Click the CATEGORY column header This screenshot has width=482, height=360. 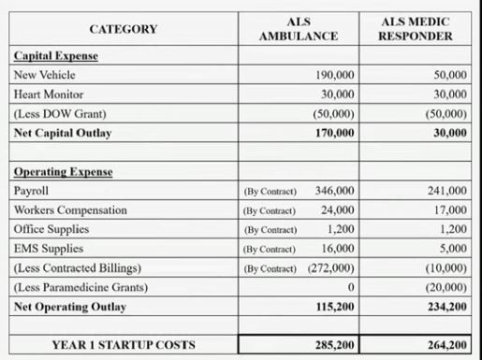[x=124, y=29]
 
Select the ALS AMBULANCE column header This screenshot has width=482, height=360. [x=299, y=29]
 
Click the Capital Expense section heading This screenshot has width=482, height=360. [x=55, y=56]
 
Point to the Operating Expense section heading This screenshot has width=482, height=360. [x=62, y=172]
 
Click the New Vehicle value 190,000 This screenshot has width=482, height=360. [x=336, y=75]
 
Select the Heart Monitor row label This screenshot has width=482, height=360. [x=48, y=94]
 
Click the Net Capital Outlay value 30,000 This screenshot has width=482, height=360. [x=450, y=134]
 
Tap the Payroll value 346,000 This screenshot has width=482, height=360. [x=335, y=191]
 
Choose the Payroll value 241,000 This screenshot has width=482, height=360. [x=446, y=191]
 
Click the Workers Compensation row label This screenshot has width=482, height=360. [x=70, y=210]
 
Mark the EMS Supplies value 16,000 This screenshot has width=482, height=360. [x=338, y=249]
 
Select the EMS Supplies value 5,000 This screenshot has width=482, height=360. [x=453, y=249]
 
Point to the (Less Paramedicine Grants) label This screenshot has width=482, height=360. [x=80, y=287]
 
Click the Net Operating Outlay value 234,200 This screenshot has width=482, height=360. [x=446, y=307]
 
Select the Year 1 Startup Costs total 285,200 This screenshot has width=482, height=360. [x=334, y=345]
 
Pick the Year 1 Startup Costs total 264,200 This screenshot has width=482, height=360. [x=446, y=345]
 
